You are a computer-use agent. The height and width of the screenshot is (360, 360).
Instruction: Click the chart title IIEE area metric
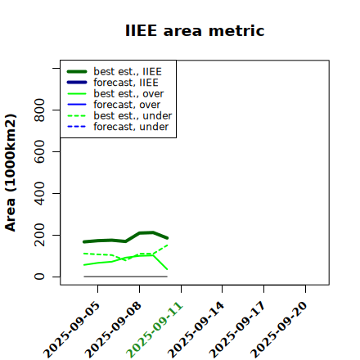(195, 30)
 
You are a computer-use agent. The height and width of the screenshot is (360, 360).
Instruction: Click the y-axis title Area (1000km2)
(11, 173)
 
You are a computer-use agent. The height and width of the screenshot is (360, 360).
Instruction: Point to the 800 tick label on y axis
(39, 110)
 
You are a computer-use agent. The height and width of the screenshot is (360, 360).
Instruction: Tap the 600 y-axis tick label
(39, 151)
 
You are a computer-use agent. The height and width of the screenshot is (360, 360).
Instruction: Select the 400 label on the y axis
(39, 193)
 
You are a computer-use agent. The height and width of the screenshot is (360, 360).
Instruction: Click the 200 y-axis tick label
(39, 235)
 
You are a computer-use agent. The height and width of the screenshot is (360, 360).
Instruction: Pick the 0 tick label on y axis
(39, 277)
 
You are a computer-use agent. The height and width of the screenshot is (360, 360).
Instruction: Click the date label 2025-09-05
(72, 330)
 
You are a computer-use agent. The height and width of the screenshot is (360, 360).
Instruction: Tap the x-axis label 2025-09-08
(114, 330)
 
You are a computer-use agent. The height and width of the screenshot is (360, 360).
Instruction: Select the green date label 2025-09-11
(155, 330)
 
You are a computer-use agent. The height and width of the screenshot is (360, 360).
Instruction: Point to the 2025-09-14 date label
(196, 330)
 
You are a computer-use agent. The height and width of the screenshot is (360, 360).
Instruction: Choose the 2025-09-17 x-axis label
(238, 330)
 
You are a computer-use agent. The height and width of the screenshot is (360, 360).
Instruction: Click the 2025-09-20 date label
(280, 330)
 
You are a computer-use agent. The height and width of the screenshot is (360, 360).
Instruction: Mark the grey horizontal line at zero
(126, 277)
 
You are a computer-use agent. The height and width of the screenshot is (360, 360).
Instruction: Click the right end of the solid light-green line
(167, 269)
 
